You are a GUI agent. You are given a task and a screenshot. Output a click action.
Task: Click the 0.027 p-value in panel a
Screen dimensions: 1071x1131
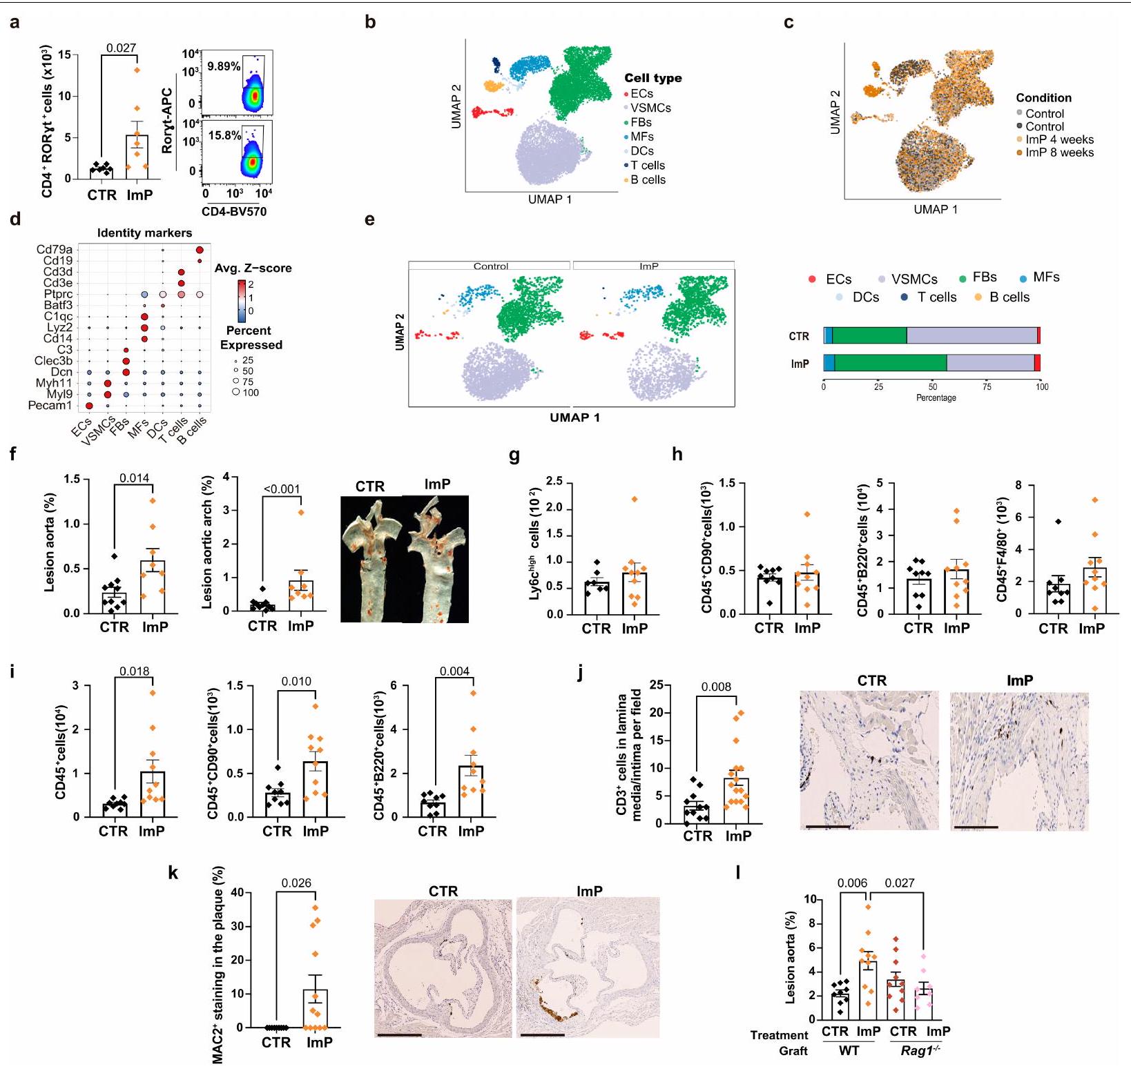pyautogui.click(x=121, y=48)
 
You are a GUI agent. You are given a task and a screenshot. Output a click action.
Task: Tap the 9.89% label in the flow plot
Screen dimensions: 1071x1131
pyautogui.click(x=224, y=66)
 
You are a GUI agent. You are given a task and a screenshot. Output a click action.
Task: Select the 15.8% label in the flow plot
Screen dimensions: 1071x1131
pyautogui.click(x=224, y=135)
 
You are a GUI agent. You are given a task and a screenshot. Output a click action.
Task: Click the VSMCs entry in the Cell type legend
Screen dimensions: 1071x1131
pyautogui.click(x=650, y=108)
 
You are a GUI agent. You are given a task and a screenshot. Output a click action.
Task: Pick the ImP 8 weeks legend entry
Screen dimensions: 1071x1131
pyautogui.click(x=1059, y=153)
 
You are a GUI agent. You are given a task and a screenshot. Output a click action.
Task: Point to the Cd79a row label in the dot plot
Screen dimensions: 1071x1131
pyautogui.click(x=55, y=250)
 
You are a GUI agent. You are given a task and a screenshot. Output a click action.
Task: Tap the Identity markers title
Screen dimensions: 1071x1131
pyautogui.click(x=144, y=233)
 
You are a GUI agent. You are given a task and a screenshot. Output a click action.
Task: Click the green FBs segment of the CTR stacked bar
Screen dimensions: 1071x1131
pyautogui.click(x=869, y=335)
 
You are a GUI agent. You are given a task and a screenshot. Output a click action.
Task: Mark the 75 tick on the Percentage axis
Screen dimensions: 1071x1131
pyautogui.click(x=987, y=386)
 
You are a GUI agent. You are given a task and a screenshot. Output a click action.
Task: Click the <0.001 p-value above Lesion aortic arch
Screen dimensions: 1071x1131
pyautogui.click(x=282, y=489)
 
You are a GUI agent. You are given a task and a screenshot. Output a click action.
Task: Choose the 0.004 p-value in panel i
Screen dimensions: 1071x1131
pyautogui.click(x=454, y=671)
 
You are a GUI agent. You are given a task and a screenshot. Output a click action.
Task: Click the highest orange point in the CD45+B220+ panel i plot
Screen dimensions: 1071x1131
pyautogui.click(x=473, y=693)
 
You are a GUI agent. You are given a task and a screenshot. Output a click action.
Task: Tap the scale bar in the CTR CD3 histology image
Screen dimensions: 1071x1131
pyautogui.click(x=828, y=826)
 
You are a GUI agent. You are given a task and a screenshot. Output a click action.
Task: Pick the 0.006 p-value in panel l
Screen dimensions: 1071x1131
pyautogui.click(x=851, y=883)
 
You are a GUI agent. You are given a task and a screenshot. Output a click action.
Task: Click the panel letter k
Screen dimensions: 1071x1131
pyautogui.click(x=173, y=873)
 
